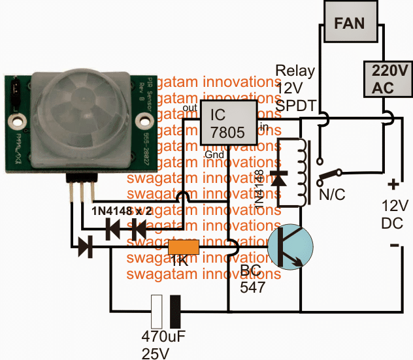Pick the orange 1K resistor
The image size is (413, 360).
(x=184, y=248)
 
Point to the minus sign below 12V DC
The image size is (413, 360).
(x=394, y=246)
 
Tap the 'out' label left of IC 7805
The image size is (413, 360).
(x=190, y=108)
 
